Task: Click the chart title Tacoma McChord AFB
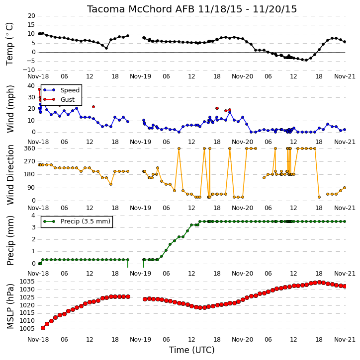click(141, 9)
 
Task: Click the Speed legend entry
click(61, 90)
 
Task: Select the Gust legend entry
click(59, 99)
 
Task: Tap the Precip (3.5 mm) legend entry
click(77, 221)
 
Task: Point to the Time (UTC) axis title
click(192, 350)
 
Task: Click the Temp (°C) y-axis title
click(9, 44)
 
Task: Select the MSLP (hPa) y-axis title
click(10, 306)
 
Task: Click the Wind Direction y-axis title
click(10, 175)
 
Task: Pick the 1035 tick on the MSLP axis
click(27, 282)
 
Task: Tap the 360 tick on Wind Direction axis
click(30, 148)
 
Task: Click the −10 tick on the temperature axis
click(28, 70)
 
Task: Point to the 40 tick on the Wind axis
click(31, 86)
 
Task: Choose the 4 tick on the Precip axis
click(33, 216)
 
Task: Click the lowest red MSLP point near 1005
click(43, 328)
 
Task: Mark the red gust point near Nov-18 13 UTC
click(93, 107)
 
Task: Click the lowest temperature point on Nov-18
click(106, 48)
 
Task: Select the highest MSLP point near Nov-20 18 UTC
click(319, 283)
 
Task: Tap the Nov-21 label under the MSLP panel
click(345, 339)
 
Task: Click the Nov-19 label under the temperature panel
click(140, 76)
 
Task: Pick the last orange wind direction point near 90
click(345, 188)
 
